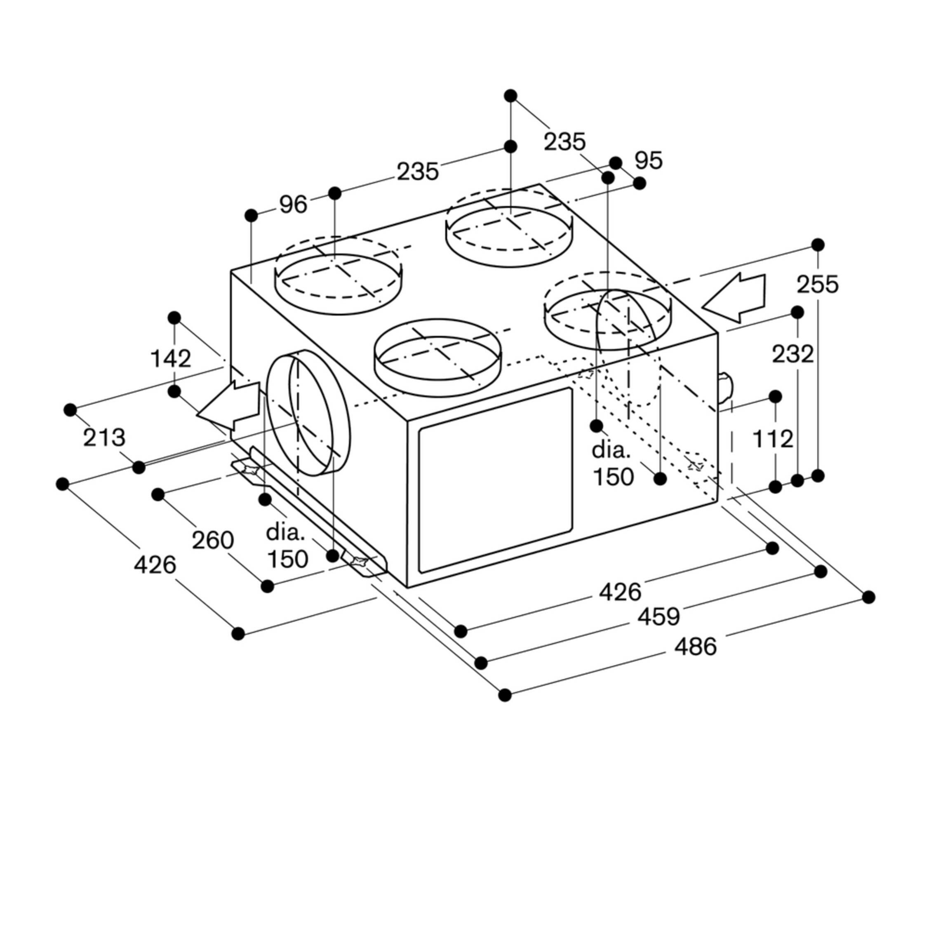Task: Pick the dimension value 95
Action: [649, 161]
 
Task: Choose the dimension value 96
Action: [293, 205]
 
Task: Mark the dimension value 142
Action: [170, 359]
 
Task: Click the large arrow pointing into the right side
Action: [734, 298]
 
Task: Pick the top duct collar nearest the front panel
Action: [437, 356]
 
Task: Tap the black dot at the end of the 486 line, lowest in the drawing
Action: [505, 695]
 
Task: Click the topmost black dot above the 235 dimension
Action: [510, 95]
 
